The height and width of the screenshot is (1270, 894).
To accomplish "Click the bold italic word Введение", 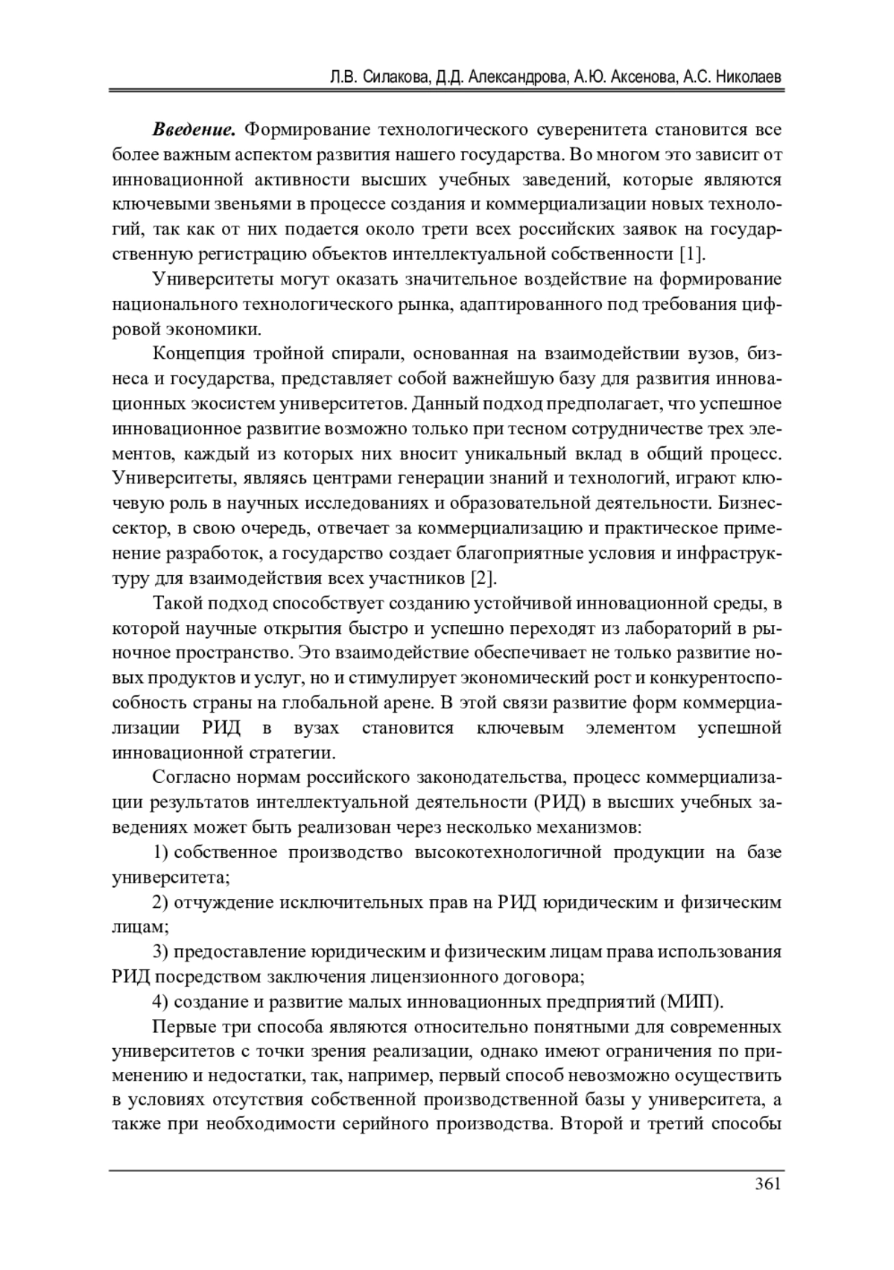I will tap(194, 130).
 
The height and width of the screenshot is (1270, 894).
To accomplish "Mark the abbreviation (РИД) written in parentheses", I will tap(559, 802).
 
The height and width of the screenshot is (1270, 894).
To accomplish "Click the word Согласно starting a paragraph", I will tap(190, 778).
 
